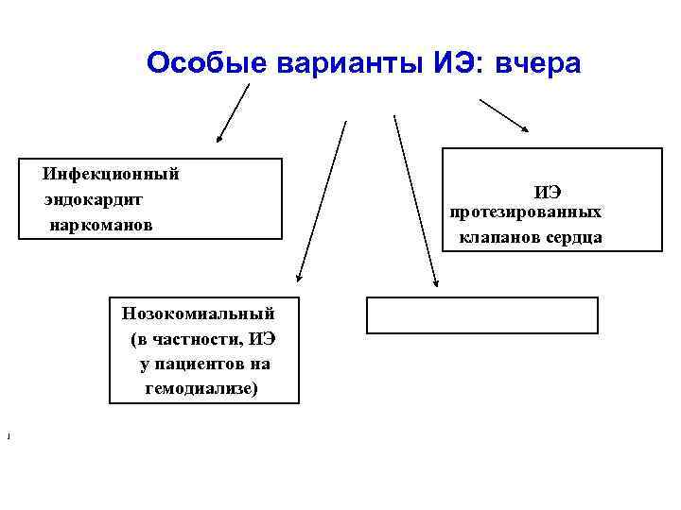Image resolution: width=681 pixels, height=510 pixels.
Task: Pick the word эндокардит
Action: (93, 199)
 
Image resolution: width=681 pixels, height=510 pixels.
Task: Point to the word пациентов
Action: (193, 363)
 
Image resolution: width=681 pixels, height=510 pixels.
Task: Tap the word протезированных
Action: (525, 212)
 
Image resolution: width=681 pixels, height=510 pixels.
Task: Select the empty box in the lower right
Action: (482, 315)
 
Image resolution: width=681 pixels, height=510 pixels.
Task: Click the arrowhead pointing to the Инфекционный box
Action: (219, 138)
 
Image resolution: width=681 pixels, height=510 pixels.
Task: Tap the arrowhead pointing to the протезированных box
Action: (525, 130)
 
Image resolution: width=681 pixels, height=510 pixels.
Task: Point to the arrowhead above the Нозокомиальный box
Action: (299, 279)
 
